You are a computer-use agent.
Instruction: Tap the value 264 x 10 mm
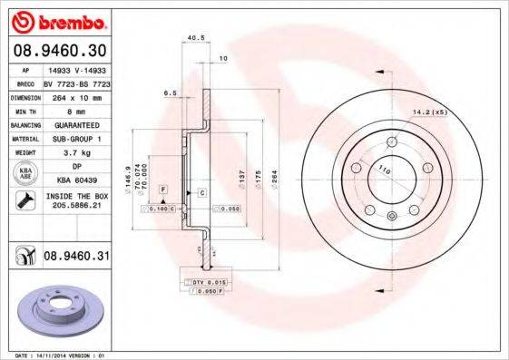point(76,96)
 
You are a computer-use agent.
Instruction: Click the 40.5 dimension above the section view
point(192,37)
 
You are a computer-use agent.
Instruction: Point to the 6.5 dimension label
point(169,92)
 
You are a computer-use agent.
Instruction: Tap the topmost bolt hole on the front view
point(391,141)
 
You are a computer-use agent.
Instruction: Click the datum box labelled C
point(201,193)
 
